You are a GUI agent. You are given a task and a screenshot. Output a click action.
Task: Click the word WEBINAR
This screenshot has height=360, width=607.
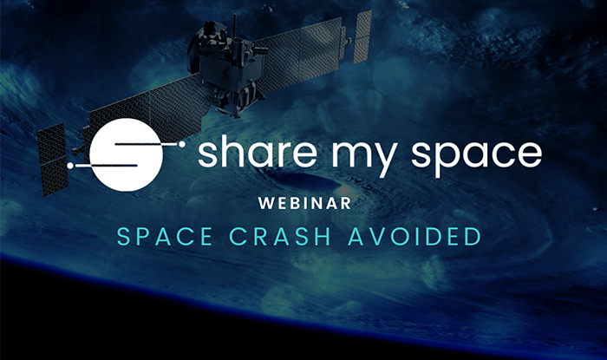pos(304,203)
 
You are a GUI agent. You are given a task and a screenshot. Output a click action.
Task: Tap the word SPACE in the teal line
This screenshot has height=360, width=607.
pos(165,236)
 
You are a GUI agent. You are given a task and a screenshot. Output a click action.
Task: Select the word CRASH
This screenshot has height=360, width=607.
pos(280,236)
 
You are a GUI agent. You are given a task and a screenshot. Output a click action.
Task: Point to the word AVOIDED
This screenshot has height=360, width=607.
pos(414,236)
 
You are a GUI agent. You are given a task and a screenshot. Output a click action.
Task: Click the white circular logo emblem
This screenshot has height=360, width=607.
pos(127,154)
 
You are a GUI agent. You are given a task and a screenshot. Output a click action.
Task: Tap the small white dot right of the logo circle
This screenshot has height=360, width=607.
pos(181,144)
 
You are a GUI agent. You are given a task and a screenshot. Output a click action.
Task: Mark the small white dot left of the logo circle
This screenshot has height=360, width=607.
pos(70,166)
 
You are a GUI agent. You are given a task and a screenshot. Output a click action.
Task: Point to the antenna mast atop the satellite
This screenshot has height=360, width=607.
pos(234,26)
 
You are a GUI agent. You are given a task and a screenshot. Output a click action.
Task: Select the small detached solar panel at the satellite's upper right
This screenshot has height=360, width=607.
pos(362,36)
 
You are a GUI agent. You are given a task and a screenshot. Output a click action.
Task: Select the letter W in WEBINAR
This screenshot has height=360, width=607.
pos(266,203)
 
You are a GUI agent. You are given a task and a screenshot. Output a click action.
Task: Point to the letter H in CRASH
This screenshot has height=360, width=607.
pos(323,236)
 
